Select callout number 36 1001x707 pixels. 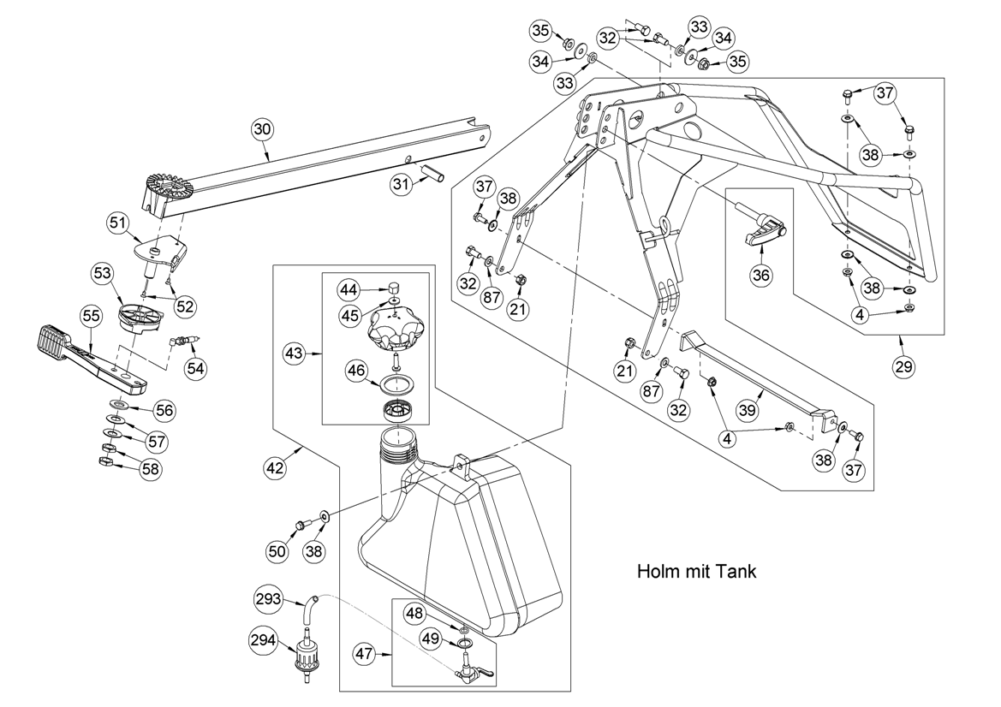click(761, 276)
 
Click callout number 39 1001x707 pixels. click(747, 409)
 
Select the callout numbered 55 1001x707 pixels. click(92, 316)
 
